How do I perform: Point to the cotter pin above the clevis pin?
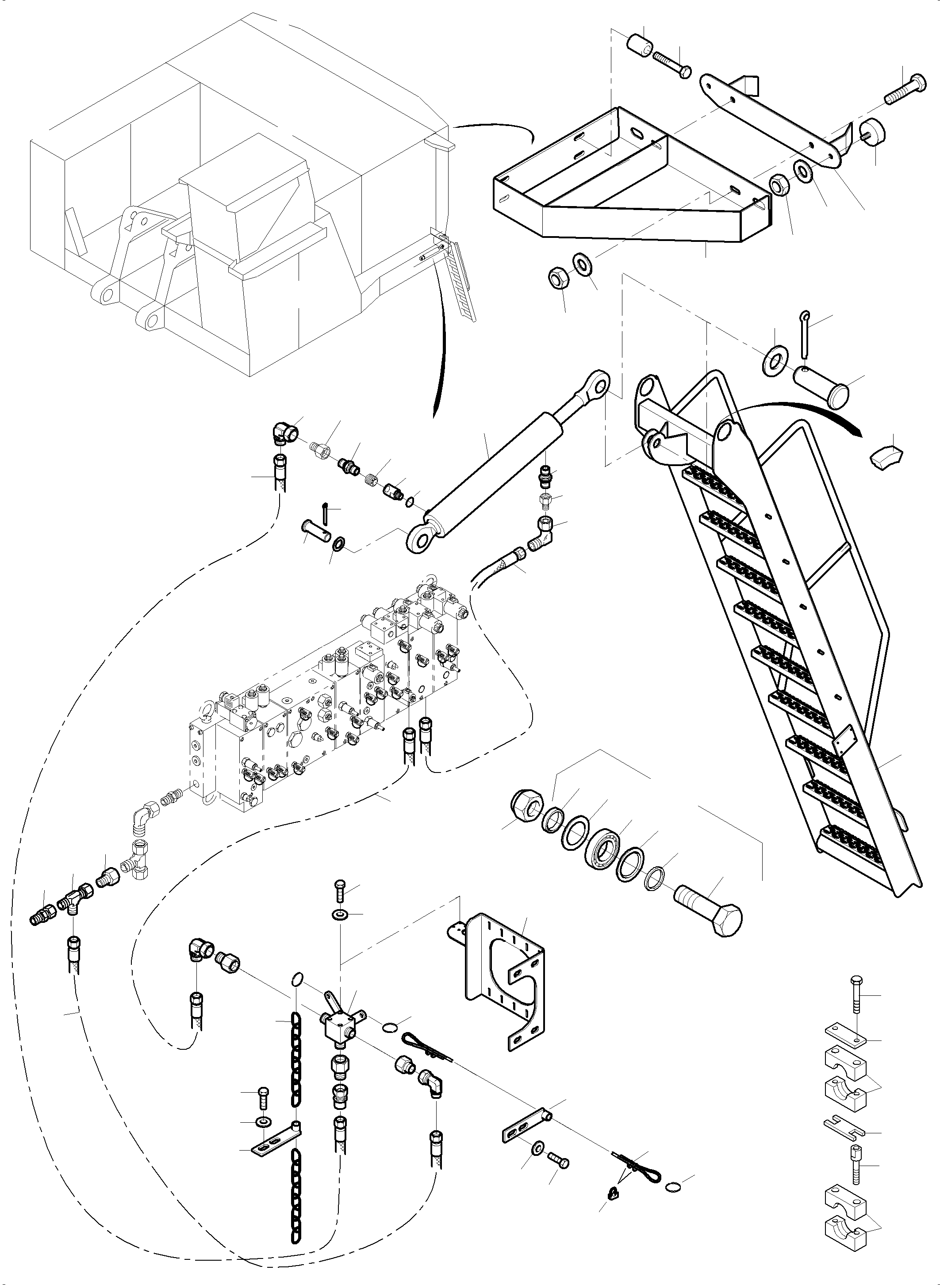point(804,336)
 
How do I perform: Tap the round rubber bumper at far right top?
point(877,133)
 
